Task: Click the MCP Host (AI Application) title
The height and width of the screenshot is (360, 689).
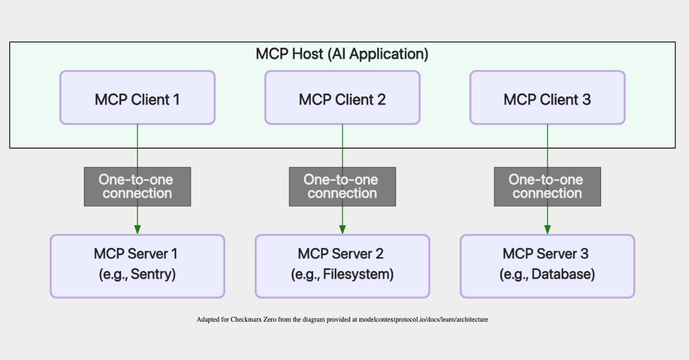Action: pyautogui.click(x=342, y=55)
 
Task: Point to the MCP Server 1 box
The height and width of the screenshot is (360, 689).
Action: pyautogui.click(x=137, y=265)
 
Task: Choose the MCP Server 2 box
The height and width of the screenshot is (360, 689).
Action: pyautogui.click(x=342, y=265)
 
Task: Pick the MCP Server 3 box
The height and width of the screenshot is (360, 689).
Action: pyautogui.click(x=547, y=265)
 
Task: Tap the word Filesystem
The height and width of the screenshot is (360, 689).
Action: pyautogui.click(x=357, y=274)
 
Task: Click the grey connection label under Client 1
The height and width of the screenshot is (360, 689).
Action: pyautogui.click(x=137, y=187)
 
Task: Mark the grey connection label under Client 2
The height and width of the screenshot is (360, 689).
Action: pyautogui.click(x=342, y=187)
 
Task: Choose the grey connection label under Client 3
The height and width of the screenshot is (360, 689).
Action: pyautogui.click(x=547, y=187)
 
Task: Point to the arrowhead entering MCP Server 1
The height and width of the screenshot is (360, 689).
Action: pyautogui.click(x=137, y=229)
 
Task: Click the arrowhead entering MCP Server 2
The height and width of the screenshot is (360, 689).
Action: pyautogui.click(x=342, y=229)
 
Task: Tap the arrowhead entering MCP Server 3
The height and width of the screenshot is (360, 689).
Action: pyautogui.click(x=547, y=229)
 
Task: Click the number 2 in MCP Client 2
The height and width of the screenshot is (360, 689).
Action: pyautogui.click(x=381, y=99)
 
